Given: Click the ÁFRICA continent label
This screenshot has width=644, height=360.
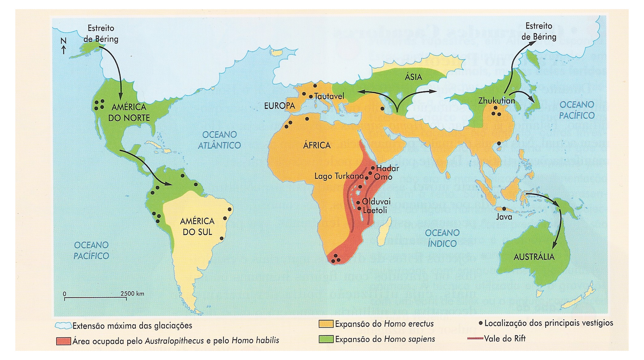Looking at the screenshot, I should click(x=317, y=145).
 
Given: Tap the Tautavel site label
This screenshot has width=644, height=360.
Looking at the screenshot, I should click(x=329, y=96).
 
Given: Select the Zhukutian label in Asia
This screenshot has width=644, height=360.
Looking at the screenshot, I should click(x=496, y=101).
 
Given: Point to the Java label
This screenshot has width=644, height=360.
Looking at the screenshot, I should click(x=504, y=217).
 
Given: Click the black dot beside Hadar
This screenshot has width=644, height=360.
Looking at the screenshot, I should click(x=373, y=168).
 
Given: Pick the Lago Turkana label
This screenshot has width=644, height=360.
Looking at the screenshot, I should click(x=339, y=176).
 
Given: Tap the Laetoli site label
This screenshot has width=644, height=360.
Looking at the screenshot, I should click(x=375, y=210).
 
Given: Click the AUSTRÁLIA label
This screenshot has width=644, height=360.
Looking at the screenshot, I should click(x=534, y=257).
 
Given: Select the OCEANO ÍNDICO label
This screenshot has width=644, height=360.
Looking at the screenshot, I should click(x=442, y=238).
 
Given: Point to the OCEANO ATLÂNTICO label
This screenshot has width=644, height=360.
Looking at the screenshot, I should click(x=219, y=140).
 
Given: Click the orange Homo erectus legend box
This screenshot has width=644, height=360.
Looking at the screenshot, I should click(x=326, y=324).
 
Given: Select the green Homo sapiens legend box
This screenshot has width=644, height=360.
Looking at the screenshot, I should click(x=326, y=339).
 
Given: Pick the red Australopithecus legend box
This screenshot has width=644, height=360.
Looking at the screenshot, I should click(x=64, y=341).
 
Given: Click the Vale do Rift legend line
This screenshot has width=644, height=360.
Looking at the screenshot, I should click(x=475, y=339).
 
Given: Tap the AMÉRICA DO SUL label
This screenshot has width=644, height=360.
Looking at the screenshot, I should click(x=197, y=226).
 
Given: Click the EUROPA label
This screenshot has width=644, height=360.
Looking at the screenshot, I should click(x=279, y=106).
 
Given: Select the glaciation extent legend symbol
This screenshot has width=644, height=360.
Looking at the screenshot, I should click(x=63, y=325).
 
